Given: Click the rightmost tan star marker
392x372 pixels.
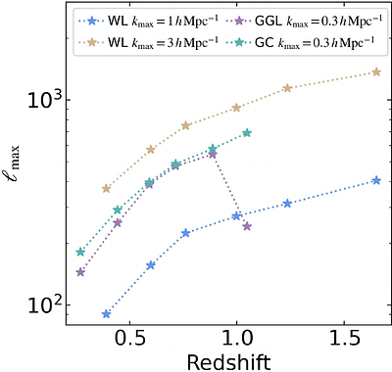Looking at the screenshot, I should click(376, 71).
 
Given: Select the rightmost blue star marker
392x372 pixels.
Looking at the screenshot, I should click(376, 180).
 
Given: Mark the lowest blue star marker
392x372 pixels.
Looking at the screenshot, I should click(106, 314).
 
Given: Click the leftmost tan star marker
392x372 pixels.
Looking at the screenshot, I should click(106, 188).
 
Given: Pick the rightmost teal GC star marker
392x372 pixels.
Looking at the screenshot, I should click(247, 133).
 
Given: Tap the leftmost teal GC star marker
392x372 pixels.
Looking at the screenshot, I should click(80, 252).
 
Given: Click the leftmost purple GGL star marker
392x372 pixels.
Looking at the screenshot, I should click(80, 271).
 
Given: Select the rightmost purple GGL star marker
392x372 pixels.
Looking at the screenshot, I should click(247, 226).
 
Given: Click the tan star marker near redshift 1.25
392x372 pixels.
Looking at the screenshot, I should click(287, 88).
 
